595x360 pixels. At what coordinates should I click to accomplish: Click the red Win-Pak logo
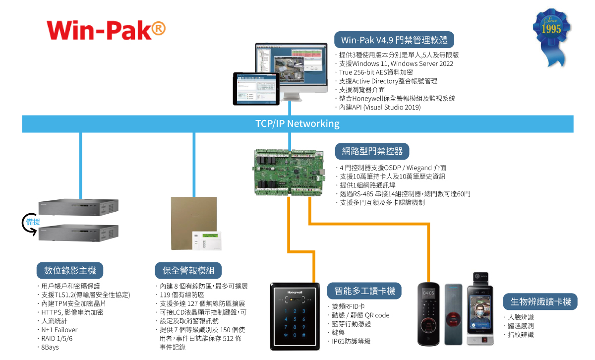(106, 30)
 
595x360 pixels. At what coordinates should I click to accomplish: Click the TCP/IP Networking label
(297, 123)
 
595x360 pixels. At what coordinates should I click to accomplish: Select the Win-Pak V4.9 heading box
(394, 40)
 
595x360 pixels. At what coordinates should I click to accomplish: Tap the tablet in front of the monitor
(256, 88)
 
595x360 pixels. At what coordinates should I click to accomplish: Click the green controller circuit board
(289, 173)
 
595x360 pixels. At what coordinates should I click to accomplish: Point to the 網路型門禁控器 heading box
(372, 151)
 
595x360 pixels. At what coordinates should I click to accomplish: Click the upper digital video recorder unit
(78, 207)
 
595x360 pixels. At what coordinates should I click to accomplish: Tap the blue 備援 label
(33, 222)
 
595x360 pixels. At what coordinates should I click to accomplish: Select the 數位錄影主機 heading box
(70, 270)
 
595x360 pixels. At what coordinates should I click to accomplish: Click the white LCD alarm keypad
(207, 240)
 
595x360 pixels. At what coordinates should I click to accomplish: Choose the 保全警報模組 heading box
(188, 270)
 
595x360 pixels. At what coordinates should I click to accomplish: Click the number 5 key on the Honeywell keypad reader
(295, 319)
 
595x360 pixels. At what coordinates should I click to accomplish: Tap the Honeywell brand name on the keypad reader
(295, 292)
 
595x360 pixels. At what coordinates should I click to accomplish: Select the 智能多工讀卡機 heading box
(364, 291)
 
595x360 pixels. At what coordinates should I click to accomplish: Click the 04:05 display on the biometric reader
(428, 293)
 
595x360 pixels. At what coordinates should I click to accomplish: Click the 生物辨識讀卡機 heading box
(540, 301)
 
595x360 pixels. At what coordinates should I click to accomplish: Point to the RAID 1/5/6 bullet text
(57, 339)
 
